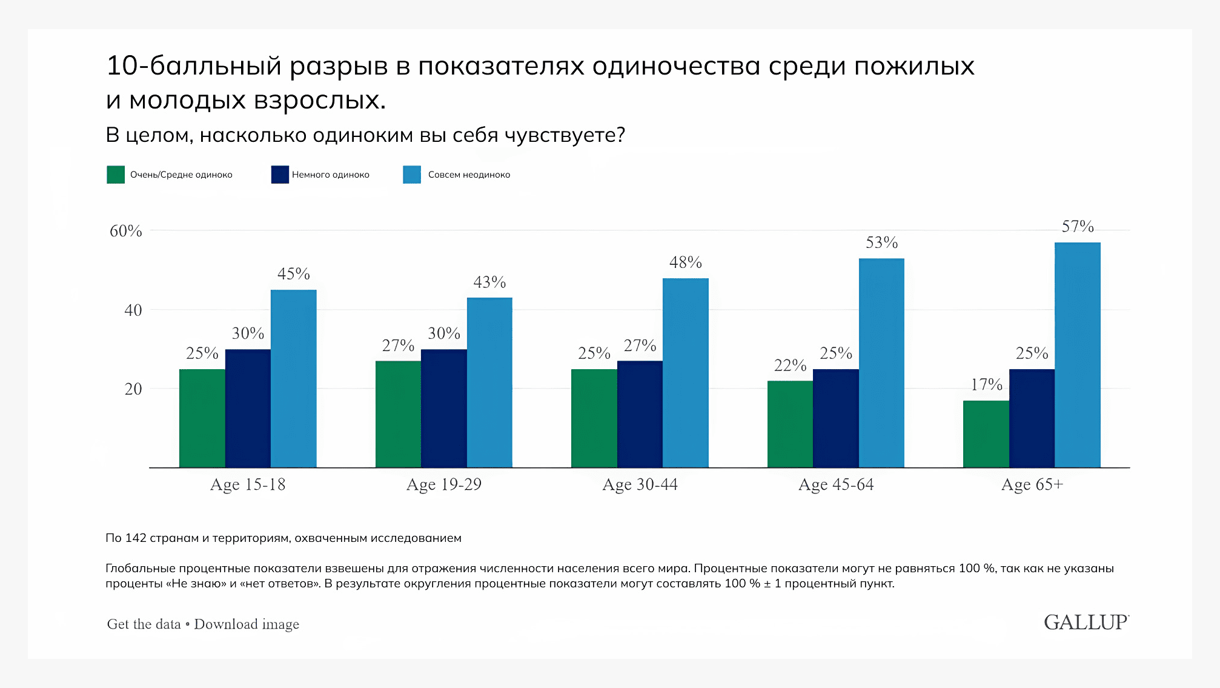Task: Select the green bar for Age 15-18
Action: coord(202,418)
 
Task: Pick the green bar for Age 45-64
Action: coord(790,424)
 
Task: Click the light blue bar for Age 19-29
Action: coord(489,382)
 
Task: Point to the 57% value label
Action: coord(1078,227)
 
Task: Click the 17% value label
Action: coord(986,384)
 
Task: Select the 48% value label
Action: coord(685,262)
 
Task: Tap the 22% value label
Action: coord(790,366)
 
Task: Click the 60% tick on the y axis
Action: coord(125,231)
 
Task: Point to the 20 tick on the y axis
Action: coord(133,389)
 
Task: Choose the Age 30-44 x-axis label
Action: coord(640,484)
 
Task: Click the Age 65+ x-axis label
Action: coord(1032,484)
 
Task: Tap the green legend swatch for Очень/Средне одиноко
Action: coord(116,175)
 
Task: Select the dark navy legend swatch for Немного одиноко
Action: coord(280,175)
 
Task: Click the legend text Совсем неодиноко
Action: coord(469,175)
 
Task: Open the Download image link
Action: coord(247,624)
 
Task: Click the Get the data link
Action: coord(144,624)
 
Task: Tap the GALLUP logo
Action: coord(1086,623)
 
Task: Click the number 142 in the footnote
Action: coord(136,538)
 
